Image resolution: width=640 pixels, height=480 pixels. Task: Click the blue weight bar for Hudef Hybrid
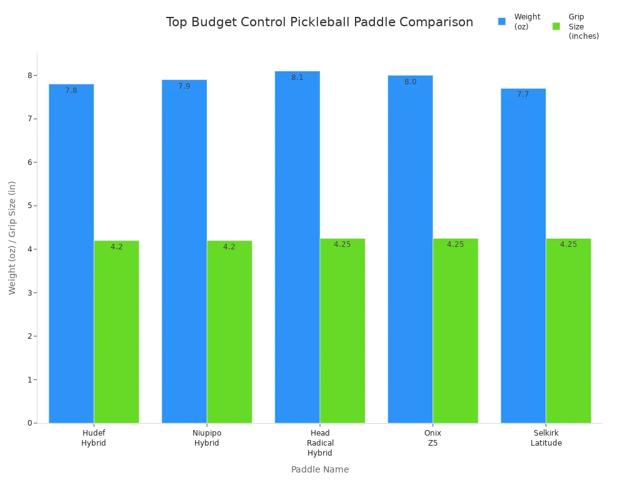[x=71, y=253]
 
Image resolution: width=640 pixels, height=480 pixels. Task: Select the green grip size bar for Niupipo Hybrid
[x=229, y=331]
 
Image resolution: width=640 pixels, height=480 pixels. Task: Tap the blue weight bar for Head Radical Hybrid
[x=297, y=247]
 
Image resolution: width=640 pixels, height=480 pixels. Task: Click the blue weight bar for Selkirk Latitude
[x=523, y=256]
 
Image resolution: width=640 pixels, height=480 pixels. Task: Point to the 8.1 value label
[x=297, y=77]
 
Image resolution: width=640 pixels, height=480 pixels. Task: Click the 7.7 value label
[x=523, y=94]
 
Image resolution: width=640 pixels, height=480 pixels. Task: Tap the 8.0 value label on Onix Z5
[x=410, y=82]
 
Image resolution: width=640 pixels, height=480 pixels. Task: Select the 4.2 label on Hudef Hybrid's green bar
[x=117, y=247]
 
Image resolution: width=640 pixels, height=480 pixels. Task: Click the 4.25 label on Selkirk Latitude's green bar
[x=568, y=244]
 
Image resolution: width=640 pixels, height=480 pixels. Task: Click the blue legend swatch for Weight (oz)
[x=502, y=21]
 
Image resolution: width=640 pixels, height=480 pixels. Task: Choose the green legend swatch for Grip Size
[x=556, y=26]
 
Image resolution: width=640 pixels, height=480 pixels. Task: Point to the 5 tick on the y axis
[x=29, y=206]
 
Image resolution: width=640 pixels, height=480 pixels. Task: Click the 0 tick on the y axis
[x=29, y=423]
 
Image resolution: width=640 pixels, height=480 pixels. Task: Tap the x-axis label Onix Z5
[x=432, y=438]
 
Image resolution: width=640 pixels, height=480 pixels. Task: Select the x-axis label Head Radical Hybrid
[x=320, y=442]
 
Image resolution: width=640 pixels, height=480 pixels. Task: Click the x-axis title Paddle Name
[x=320, y=469]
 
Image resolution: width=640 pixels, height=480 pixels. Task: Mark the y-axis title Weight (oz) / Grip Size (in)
[x=12, y=237]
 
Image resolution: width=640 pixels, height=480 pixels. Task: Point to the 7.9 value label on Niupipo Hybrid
[x=184, y=86]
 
